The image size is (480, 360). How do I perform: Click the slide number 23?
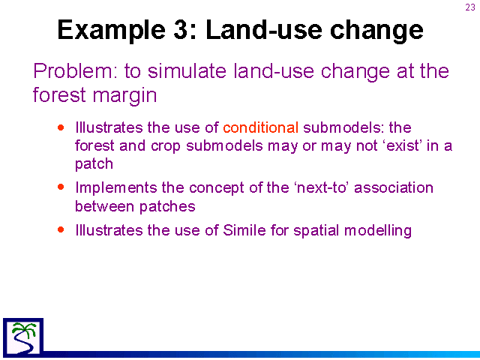pos(470,7)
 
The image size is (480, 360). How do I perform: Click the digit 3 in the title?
pos(181,30)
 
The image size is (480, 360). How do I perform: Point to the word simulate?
pos(187,71)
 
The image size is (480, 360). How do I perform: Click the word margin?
pos(124,95)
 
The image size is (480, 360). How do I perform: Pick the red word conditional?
pos(261,127)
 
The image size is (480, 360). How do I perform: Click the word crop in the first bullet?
pos(166,146)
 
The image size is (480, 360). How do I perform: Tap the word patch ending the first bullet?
pos(94,164)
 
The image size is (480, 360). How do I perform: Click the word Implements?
pos(116,188)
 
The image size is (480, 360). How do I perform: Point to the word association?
pos(394,187)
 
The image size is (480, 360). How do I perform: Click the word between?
pos(105,206)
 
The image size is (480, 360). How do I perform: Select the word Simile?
pos(244,230)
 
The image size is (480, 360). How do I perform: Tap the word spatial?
pos(316,231)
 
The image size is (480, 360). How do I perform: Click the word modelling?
pos(378,231)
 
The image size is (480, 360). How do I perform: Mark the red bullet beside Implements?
pos(61,187)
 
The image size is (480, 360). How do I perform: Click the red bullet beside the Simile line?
pos(61,229)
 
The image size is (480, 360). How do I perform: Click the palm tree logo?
pos(23,337)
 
